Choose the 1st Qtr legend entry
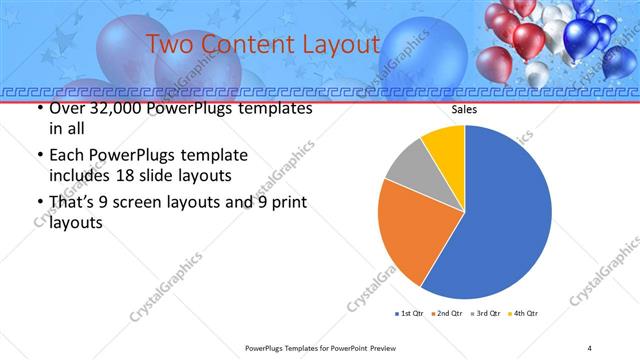(x=409, y=314)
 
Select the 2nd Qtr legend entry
(x=446, y=314)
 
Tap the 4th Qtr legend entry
(x=523, y=314)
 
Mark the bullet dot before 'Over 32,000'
(x=40, y=109)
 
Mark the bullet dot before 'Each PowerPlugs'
(x=40, y=156)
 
